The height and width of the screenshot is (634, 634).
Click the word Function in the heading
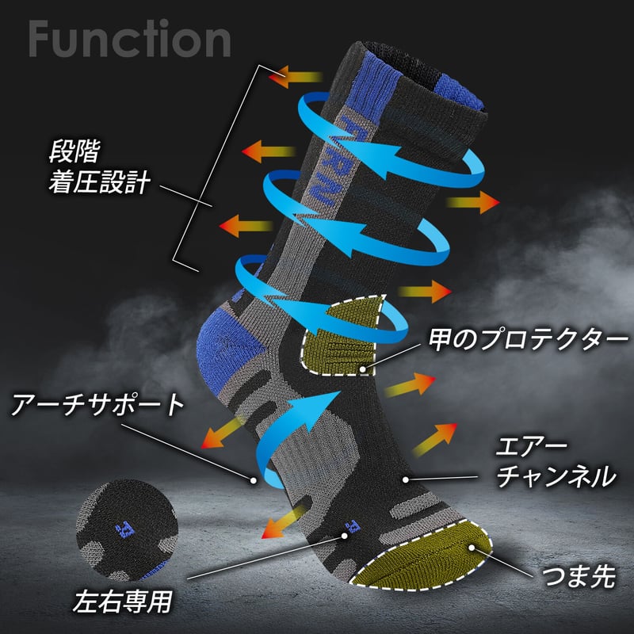pos(129,37)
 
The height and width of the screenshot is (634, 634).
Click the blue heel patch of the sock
pos(230,337)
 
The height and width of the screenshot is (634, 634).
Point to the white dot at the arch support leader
pos(254,479)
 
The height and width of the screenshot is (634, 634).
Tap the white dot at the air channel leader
pos(406,479)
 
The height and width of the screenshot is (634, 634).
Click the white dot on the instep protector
pos(362,369)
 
